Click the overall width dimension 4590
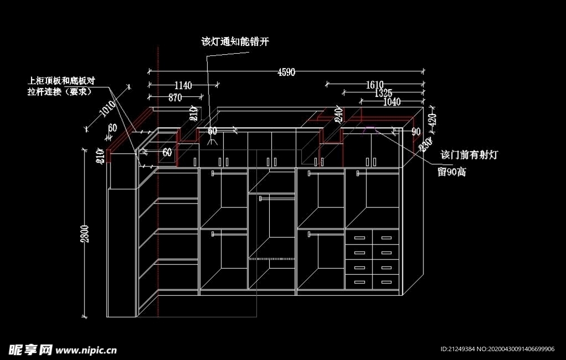[286, 72]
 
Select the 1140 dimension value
[183, 85]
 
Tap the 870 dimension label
[175, 97]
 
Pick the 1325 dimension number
[382, 92]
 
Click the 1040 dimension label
[391, 101]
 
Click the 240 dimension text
[339, 114]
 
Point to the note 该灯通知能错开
[235, 42]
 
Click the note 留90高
[452, 172]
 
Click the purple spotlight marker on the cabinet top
[369, 131]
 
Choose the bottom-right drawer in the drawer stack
[385, 282]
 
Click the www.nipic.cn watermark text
[87, 350]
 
